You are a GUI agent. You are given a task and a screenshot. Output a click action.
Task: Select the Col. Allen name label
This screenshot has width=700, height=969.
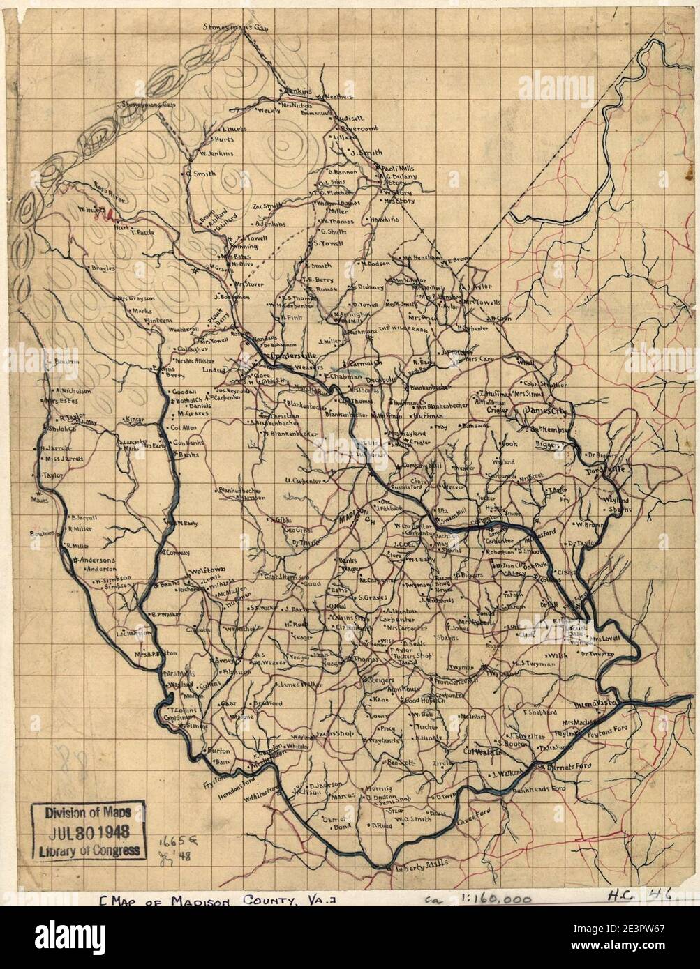[184, 428]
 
